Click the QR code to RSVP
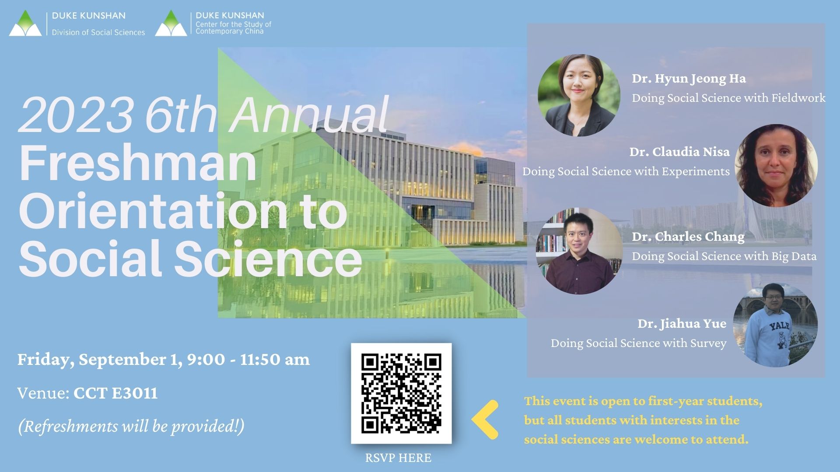[401, 393]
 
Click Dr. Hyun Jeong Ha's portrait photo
[579, 95]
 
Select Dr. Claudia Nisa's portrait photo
[776, 166]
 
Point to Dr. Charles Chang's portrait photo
[579, 251]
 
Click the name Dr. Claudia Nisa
[679, 152]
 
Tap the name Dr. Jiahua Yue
[682, 323]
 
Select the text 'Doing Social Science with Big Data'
[724, 256]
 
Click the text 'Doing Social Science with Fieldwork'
[728, 98]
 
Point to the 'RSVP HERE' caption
[398, 458]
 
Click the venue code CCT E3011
[115, 393]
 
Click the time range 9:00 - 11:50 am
[248, 360]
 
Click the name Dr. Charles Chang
[688, 237]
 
